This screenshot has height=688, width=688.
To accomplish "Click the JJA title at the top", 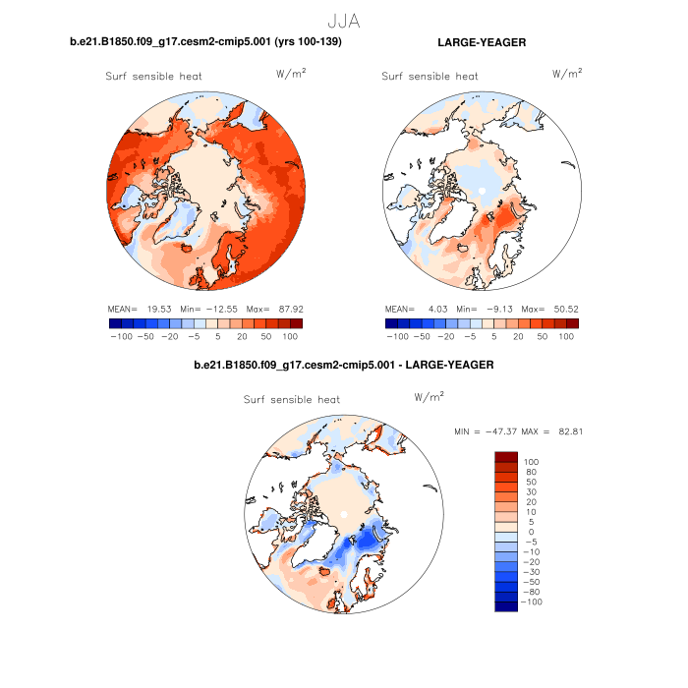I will click(343, 19).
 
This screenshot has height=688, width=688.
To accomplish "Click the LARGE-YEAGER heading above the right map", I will click(482, 42).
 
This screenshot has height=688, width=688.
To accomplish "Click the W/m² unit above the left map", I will click(291, 73).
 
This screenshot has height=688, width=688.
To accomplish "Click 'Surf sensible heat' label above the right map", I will click(430, 76).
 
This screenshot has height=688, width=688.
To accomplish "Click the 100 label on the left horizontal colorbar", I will click(291, 336).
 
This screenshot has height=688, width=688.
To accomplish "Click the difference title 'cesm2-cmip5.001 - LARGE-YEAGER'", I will click(343, 365).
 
